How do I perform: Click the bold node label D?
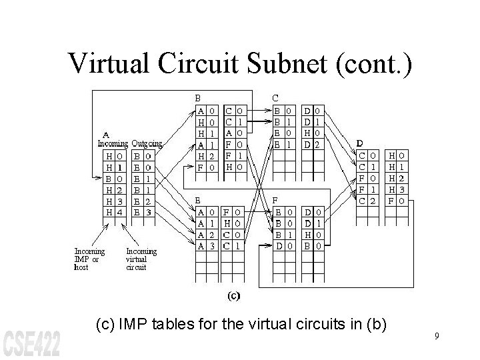(x=360, y=143)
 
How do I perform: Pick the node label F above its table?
(x=277, y=199)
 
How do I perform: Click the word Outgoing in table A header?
(x=147, y=143)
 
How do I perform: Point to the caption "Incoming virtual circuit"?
(x=141, y=259)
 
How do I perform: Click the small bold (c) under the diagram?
(x=235, y=294)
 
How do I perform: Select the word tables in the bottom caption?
(x=188, y=325)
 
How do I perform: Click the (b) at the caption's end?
(x=375, y=325)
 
